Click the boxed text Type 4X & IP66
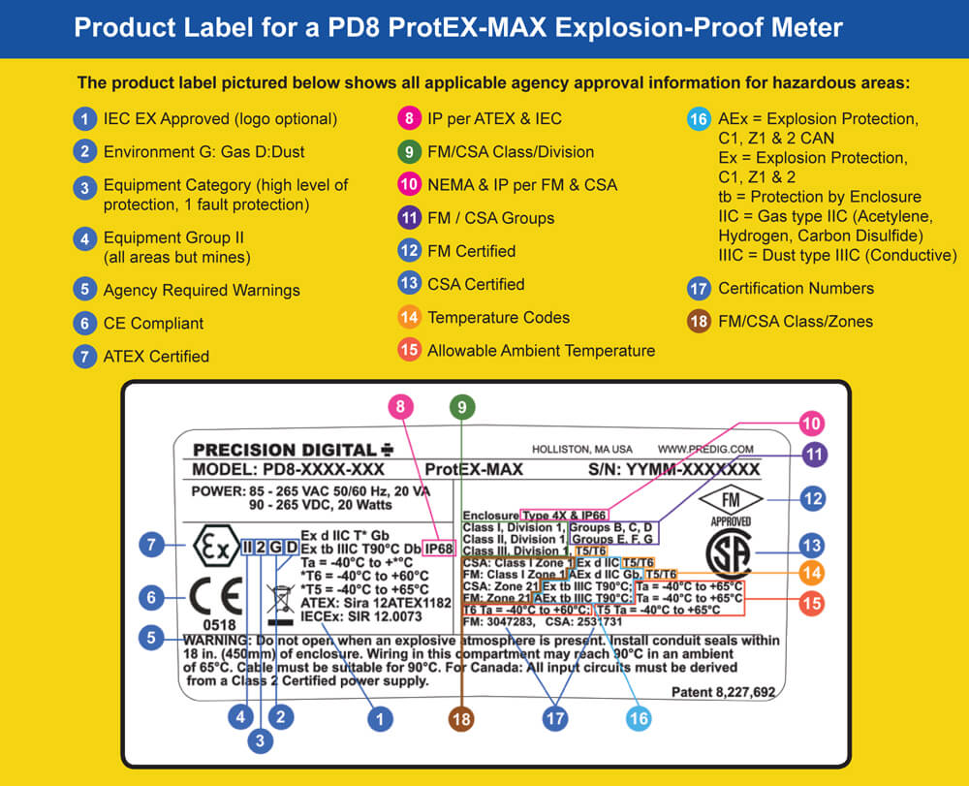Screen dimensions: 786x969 pos(564,514)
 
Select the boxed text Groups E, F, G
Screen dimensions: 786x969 pos(612,539)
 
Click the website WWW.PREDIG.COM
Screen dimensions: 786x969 pos(705,449)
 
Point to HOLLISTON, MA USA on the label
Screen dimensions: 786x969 pos(581,449)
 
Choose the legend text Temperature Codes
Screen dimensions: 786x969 pos(498,317)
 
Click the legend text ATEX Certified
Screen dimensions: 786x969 pos(156,356)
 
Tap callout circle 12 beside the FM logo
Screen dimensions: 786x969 pos(814,500)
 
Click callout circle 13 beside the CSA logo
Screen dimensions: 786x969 pos(814,547)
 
